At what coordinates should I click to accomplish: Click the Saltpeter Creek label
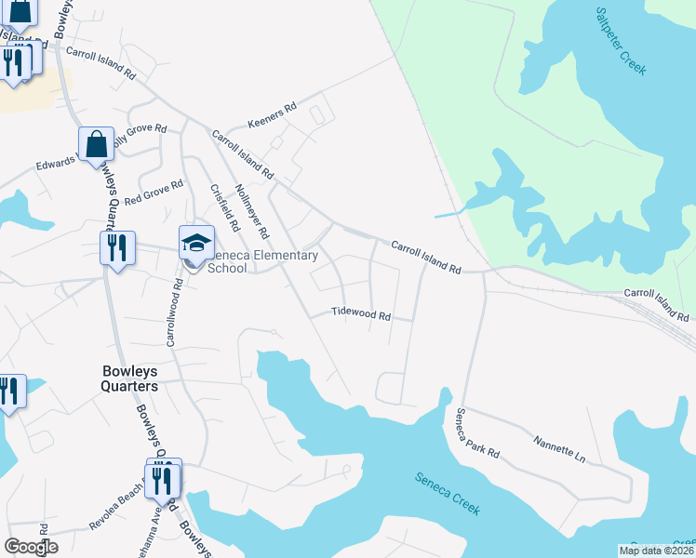pyautogui.click(x=622, y=42)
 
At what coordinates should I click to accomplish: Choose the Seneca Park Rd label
pyautogui.click(x=476, y=434)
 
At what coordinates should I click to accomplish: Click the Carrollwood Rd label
pyautogui.click(x=172, y=313)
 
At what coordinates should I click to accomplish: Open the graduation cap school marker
pyautogui.click(x=196, y=243)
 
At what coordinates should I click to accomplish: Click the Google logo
pyautogui.click(x=31, y=547)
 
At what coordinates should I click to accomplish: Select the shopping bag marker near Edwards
pyautogui.click(x=96, y=144)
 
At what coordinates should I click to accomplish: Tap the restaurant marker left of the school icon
pyautogui.click(x=117, y=247)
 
